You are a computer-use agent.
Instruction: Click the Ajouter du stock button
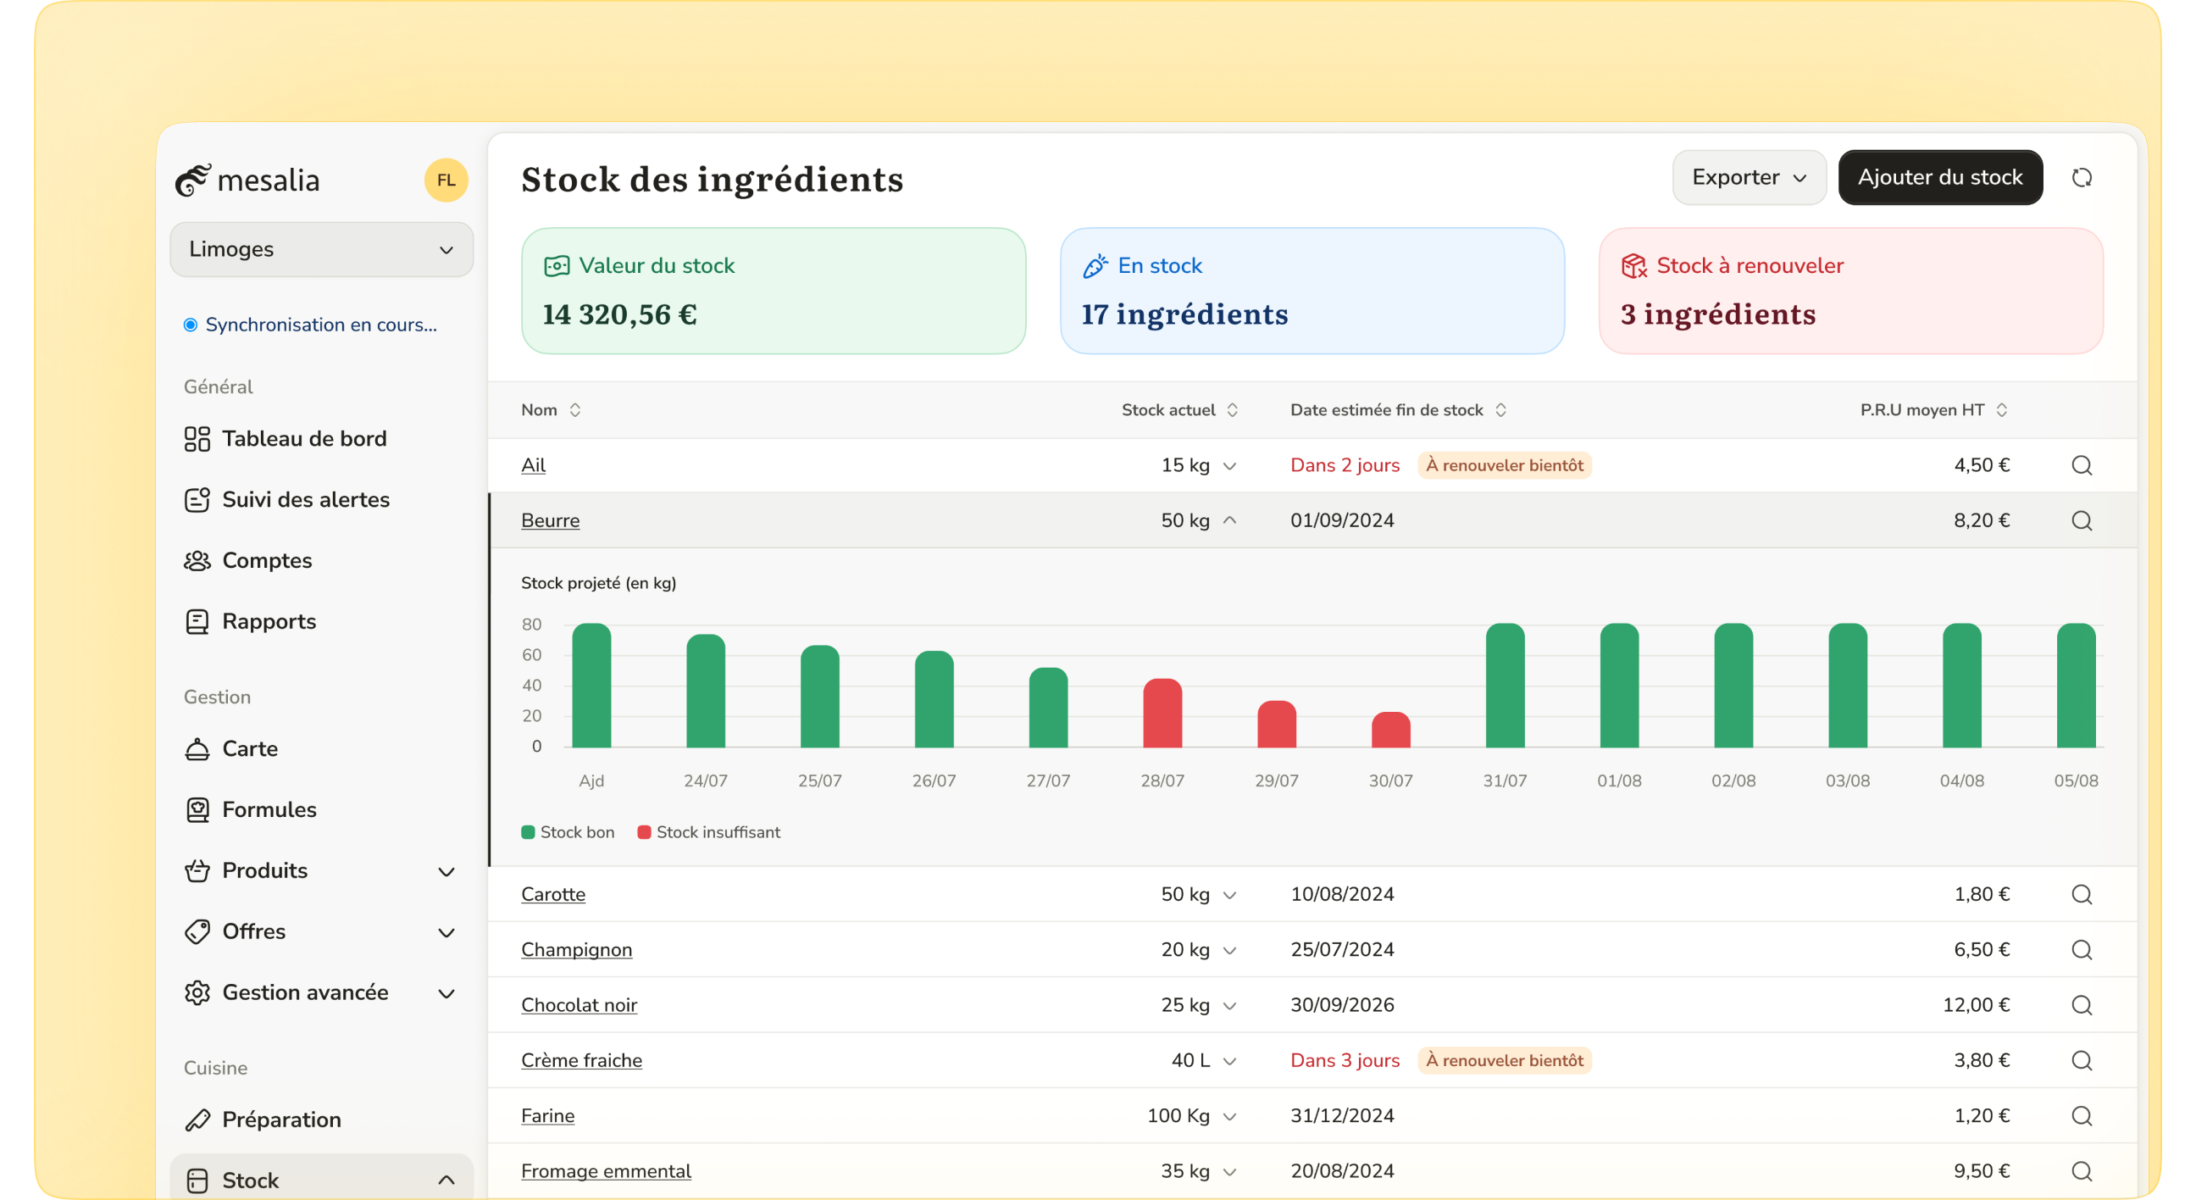click(1939, 177)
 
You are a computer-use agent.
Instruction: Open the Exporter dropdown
click(1748, 177)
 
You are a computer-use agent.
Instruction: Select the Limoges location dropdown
click(321, 249)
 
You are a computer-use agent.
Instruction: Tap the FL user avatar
click(446, 180)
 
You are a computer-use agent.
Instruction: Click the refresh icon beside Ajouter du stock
click(2082, 177)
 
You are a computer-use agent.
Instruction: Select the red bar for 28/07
click(1162, 714)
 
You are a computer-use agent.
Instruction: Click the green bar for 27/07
click(1048, 708)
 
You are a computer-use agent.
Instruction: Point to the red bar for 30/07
click(1390, 731)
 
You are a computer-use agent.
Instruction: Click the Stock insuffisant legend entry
click(709, 832)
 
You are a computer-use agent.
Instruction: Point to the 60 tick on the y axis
click(531, 655)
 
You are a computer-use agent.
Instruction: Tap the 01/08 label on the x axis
click(1619, 781)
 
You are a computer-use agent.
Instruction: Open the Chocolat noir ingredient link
click(579, 1005)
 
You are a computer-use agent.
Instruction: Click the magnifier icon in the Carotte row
click(2082, 895)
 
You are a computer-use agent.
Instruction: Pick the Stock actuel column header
click(1169, 410)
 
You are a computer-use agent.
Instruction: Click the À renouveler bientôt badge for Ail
click(1504, 465)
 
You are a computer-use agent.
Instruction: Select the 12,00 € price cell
click(1976, 1005)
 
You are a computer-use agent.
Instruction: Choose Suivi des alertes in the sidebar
click(305, 500)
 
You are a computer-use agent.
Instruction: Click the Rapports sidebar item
click(269, 622)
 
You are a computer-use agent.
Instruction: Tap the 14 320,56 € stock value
click(620, 314)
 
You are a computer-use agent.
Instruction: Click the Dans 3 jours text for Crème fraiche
click(1345, 1060)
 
